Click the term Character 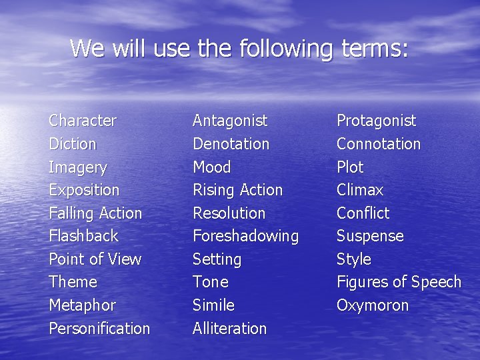tap(83, 121)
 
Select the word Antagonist tap(230, 121)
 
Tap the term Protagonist tap(376, 121)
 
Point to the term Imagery tap(78, 167)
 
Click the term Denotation tap(231, 144)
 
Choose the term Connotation tap(379, 144)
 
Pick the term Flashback tap(83, 236)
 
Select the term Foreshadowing tap(245, 236)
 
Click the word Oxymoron tap(373, 305)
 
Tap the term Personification tap(99, 329)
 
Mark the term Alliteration tap(229, 329)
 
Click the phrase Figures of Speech tap(399, 282)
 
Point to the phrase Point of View tap(95, 259)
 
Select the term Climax tap(360, 190)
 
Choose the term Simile tap(213, 305)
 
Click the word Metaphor tap(82, 305)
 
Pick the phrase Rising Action tap(237, 190)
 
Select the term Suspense tap(370, 236)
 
